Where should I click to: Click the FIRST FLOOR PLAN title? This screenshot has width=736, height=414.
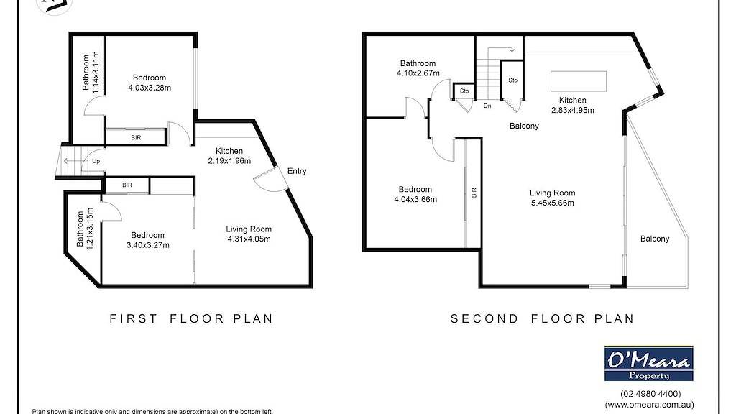191,318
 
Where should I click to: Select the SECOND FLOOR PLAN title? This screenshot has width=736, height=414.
543,318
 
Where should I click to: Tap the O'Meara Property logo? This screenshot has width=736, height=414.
648,363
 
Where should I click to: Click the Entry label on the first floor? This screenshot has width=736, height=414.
297,171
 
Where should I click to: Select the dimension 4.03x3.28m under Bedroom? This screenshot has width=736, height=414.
149,88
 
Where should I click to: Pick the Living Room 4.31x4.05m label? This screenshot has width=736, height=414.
249,234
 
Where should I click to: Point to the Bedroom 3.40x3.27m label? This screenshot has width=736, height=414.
147,240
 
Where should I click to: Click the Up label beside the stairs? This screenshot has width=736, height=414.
96,161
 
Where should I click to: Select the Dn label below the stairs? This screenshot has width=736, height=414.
487,106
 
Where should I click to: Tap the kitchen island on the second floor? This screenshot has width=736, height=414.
579,79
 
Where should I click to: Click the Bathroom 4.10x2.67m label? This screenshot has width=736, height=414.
418,68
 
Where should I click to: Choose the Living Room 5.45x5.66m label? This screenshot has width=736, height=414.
552,198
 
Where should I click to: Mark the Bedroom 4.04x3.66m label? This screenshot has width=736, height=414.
415,194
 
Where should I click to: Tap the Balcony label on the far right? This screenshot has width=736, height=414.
654,239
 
